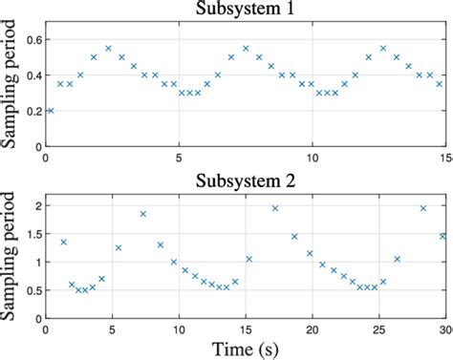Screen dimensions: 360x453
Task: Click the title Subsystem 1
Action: pyautogui.click(x=246, y=12)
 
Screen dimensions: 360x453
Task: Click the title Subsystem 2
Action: pyautogui.click(x=246, y=180)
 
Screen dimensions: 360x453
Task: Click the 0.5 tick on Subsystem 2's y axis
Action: pyautogui.click(x=33, y=289)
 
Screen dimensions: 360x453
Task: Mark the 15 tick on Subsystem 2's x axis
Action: pyautogui.click(x=246, y=328)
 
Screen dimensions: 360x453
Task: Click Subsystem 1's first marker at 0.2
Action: pyautogui.click(x=51, y=111)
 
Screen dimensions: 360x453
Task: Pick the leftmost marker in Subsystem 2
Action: pyautogui.click(x=63, y=242)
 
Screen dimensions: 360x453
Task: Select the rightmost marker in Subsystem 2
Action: pyautogui.click(x=442, y=236)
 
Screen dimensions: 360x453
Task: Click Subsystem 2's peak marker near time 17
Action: pyautogui.click(x=275, y=208)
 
